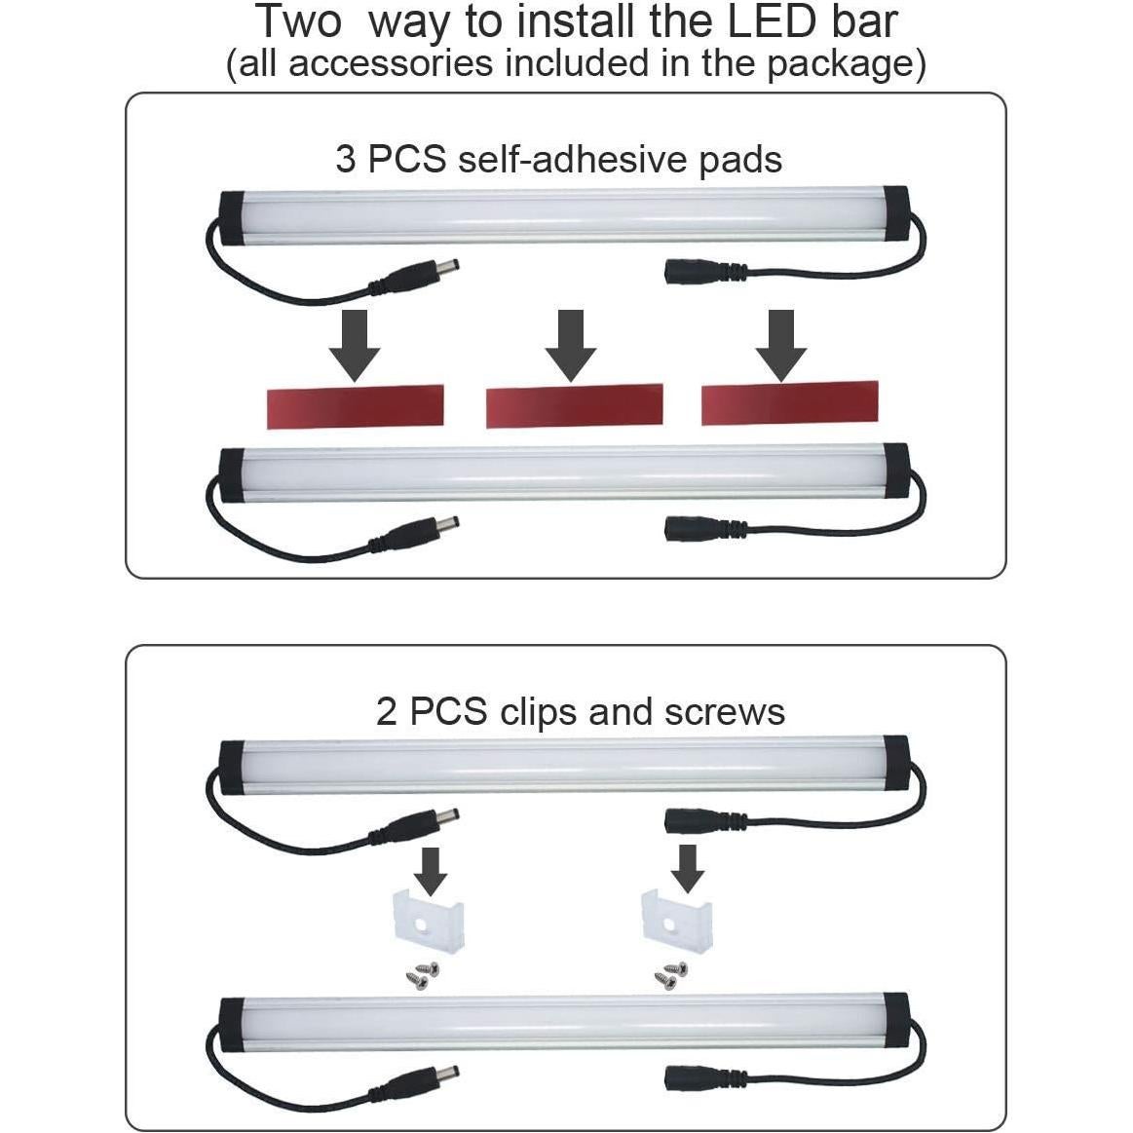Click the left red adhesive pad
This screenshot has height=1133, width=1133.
tap(355, 405)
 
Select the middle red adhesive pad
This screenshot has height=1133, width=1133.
tap(574, 406)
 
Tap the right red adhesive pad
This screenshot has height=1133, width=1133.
tap(789, 404)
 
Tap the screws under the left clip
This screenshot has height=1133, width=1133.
tap(422, 974)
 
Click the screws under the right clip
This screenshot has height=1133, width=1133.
tap(671, 972)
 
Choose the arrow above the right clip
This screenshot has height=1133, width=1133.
tap(689, 867)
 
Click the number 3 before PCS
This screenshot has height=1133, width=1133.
tap(346, 159)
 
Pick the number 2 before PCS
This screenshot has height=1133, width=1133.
tap(387, 712)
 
